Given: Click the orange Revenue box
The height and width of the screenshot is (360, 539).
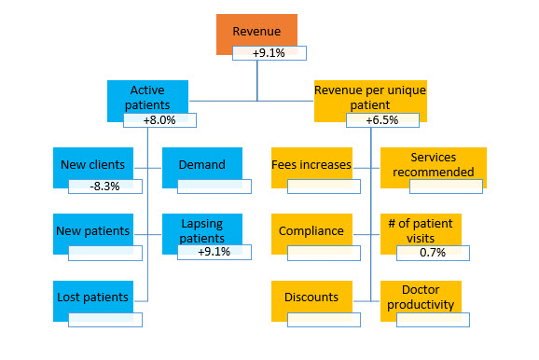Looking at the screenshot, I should (x=256, y=31).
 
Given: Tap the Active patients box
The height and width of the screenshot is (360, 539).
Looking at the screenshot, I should (x=147, y=97).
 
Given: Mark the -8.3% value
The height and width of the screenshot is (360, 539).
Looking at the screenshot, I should (x=104, y=186).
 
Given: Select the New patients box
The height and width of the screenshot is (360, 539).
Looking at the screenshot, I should (x=86, y=229).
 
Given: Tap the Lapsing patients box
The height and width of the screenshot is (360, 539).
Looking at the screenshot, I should (x=202, y=230).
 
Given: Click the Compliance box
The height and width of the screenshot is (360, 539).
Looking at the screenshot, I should (x=311, y=229).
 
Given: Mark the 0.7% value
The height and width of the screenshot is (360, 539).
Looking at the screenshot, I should (x=432, y=253).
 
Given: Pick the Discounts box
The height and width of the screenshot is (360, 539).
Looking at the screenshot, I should (x=311, y=298).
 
